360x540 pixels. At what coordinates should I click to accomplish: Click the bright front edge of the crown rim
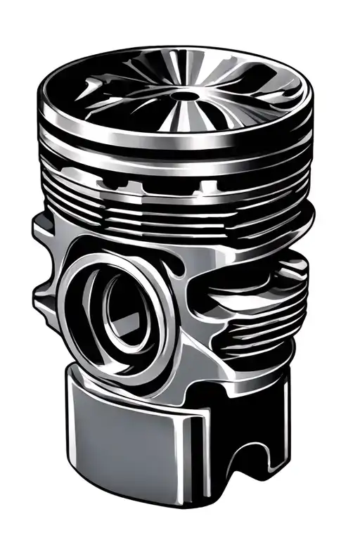point(176,138)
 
